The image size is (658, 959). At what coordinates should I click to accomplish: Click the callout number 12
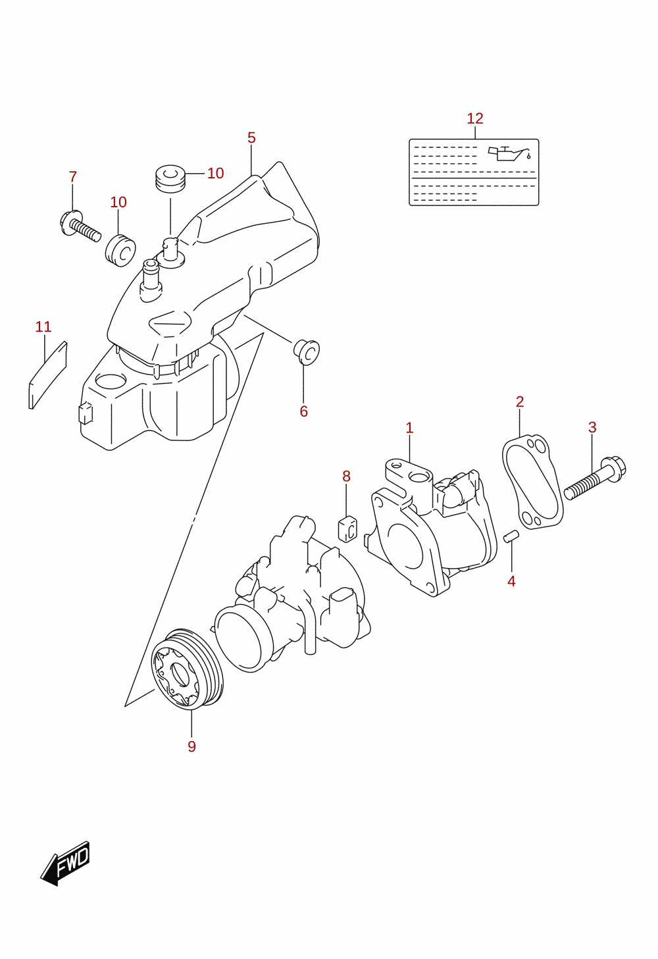click(x=475, y=118)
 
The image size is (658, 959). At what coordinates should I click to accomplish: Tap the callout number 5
click(x=251, y=138)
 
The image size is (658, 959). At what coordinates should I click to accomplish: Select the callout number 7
click(x=73, y=176)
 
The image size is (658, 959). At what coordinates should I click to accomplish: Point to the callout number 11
click(x=43, y=326)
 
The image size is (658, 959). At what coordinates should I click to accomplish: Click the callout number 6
click(x=303, y=411)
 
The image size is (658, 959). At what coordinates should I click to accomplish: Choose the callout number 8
click(x=346, y=476)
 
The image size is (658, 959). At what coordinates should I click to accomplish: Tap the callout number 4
click(x=511, y=581)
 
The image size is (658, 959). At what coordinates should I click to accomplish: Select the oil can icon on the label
click(x=509, y=153)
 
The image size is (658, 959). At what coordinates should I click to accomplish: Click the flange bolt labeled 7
click(x=80, y=226)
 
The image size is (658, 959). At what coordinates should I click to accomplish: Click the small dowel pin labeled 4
click(x=511, y=536)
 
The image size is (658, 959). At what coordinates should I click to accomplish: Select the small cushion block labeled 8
click(x=347, y=529)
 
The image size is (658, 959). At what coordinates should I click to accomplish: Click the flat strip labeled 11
click(x=48, y=375)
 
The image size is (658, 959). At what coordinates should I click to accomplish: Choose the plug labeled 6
click(x=306, y=352)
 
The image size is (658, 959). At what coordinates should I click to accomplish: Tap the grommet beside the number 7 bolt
click(x=120, y=250)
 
